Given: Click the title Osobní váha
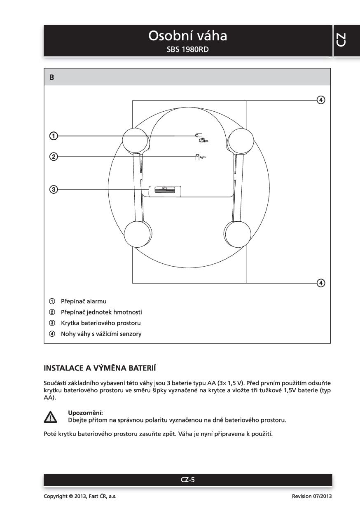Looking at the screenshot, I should pyautogui.click(x=187, y=36).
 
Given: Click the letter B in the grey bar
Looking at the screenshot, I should pyautogui.click(x=52, y=77).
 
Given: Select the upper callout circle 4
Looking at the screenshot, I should pyautogui.click(x=321, y=100).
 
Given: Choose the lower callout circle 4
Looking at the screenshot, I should pyautogui.click(x=321, y=283).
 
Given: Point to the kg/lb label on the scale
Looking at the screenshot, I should pyautogui.click(x=203, y=157).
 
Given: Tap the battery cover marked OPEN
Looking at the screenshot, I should pyautogui.click(x=164, y=190).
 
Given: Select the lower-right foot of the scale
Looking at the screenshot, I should pyautogui.click(x=239, y=233).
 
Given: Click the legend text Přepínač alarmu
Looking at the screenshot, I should pyautogui.click(x=84, y=301).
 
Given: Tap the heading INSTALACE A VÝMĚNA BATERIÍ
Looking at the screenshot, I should pyautogui.click(x=99, y=368).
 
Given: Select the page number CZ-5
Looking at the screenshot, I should pyautogui.click(x=187, y=479).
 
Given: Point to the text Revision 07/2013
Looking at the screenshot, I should pyautogui.click(x=311, y=496).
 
